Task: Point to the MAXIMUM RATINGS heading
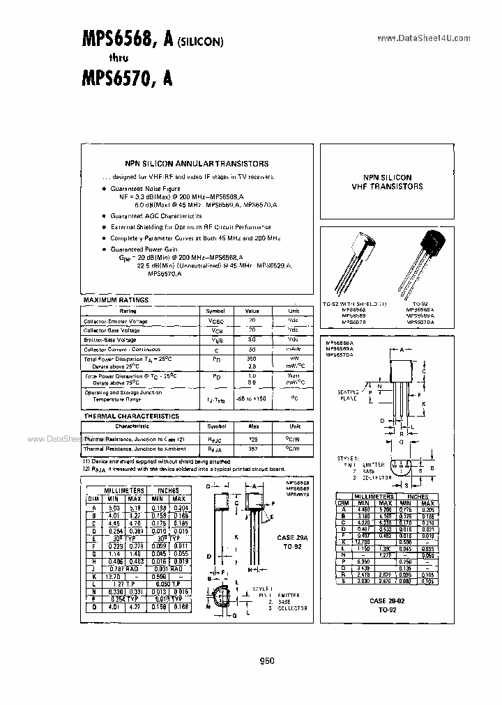(x=116, y=300)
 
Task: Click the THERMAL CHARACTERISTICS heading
(x=131, y=416)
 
